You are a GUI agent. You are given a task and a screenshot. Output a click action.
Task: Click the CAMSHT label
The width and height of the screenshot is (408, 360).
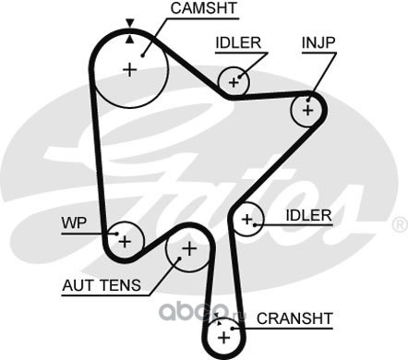[204, 8]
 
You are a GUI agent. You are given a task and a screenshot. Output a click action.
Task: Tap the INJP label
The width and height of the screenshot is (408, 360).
[318, 42]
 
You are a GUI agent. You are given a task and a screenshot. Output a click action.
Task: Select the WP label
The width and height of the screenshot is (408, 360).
[74, 222]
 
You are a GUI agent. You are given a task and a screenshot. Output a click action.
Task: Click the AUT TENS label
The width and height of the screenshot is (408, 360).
[102, 285]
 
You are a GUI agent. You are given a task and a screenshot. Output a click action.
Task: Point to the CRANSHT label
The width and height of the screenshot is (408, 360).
[294, 318]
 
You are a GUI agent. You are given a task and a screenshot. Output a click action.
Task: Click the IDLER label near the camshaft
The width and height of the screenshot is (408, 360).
[238, 42]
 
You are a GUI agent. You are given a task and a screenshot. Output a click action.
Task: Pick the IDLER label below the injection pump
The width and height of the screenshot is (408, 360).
[308, 215]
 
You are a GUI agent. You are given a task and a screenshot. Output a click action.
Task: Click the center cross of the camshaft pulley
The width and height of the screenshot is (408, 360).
[130, 70]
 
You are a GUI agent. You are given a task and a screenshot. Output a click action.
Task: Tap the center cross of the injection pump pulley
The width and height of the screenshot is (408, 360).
[307, 110]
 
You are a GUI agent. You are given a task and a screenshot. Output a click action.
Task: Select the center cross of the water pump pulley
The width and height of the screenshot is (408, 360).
[125, 242]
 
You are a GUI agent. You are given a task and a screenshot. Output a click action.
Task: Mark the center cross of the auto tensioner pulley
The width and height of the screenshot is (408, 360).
[189, 248]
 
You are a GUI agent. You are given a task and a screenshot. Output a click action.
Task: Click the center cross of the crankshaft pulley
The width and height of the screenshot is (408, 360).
[223, 338]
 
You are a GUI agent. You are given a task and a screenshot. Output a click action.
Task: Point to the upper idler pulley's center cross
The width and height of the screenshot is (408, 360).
[234, 82]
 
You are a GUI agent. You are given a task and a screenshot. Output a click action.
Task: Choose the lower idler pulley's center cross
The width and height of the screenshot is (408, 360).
[246, 220]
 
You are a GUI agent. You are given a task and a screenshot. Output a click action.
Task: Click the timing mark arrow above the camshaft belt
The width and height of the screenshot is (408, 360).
[130, 23]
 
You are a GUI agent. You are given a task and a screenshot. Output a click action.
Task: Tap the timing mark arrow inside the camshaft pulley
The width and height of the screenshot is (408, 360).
[130, 39]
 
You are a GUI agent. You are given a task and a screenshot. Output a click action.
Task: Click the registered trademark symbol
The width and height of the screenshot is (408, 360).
[400, 224]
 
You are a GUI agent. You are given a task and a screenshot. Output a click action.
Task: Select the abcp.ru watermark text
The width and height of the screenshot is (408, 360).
[202, 311]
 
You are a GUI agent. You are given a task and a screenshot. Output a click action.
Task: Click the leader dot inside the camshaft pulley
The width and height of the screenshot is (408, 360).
[142, 55]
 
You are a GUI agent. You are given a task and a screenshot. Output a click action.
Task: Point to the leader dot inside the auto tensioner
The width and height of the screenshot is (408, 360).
[179, 258]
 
